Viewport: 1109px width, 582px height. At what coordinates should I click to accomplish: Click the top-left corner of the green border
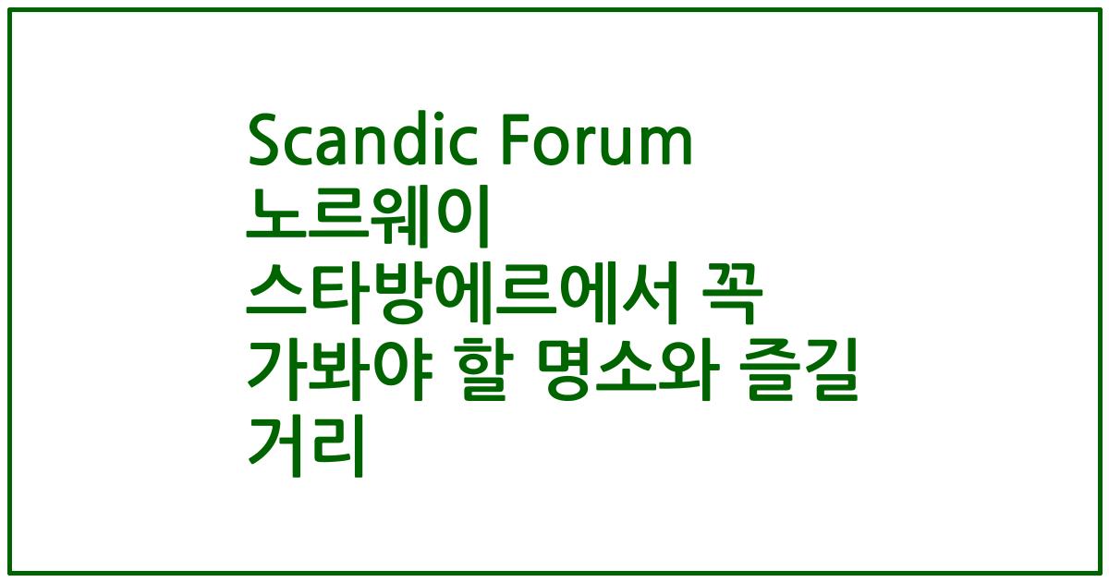(x=10, y=10)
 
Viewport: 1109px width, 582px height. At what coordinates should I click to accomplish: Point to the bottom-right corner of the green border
(x=1098, y=572)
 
